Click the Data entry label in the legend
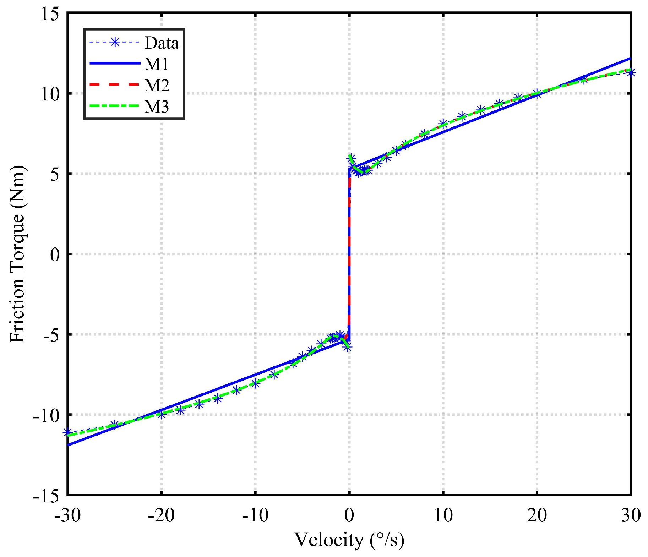click(162, 43)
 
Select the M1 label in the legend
click(157, 64)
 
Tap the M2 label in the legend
click(157, 86)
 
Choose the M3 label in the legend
click(157, 107)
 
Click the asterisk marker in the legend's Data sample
click(114, 43)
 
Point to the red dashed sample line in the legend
click(114, 85)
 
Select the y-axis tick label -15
click(46, 496)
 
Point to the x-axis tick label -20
click(161, 515)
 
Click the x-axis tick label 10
click(443, 515)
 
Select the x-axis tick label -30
click(67, 515)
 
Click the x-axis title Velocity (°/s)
click(349, 540)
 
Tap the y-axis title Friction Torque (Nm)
click(17, 254)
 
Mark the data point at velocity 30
click(631, 73)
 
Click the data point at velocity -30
click(67, 432)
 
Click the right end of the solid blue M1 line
click(630, 58)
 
